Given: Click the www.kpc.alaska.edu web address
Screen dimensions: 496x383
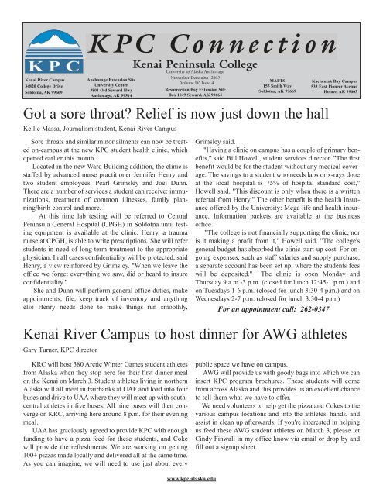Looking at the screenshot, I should pyautogui.click(x=192, y=491).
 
